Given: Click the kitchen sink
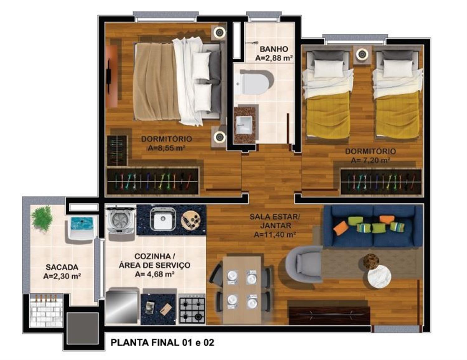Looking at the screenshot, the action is pyautogui.click(x=163, y=219).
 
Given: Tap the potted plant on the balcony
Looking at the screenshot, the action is pyautogui.click(x=43, y=219).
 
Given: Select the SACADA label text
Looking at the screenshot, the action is pyautogui.click(x=62, y=267).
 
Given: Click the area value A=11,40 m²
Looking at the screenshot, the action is pyautogui.click(x=275, y=234).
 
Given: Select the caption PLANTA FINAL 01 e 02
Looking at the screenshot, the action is pyautogui.click(x=163, y=342).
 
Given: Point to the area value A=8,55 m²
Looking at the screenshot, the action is pyautogui.click(x=167, y=148).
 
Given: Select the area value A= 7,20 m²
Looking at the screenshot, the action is pyautogui.click(x=370, y=160).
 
